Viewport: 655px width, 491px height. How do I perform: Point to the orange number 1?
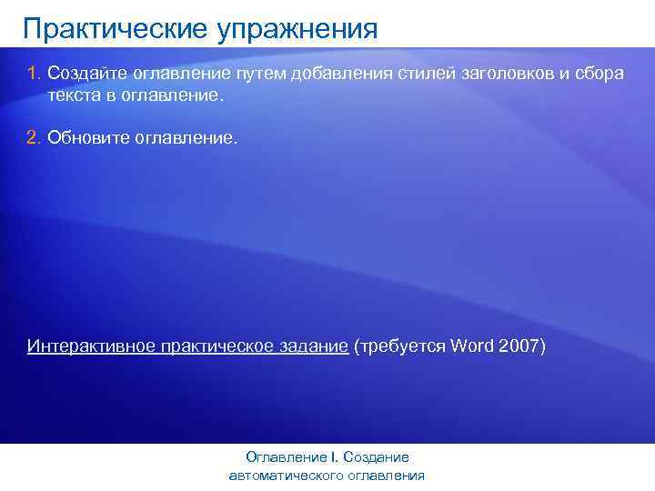(32, 73)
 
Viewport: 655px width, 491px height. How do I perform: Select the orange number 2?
(32, 138)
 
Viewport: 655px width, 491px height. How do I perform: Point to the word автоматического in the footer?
(289, 475)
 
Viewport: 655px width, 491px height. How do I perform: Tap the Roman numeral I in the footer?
(333, 457)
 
